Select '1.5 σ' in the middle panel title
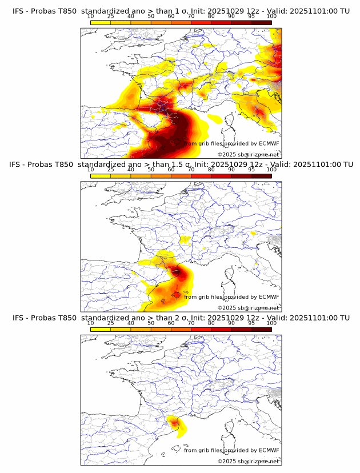click(181, 165)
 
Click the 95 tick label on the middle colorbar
click(251, 170)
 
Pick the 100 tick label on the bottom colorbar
click(271, 323)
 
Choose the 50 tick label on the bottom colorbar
click(151, 323)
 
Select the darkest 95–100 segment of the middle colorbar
click(261, 176)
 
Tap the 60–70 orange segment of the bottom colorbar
click(181, 330)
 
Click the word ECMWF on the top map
click(269, 143)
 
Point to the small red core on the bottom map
click(175, 423)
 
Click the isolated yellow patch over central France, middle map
click(185, 239)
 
